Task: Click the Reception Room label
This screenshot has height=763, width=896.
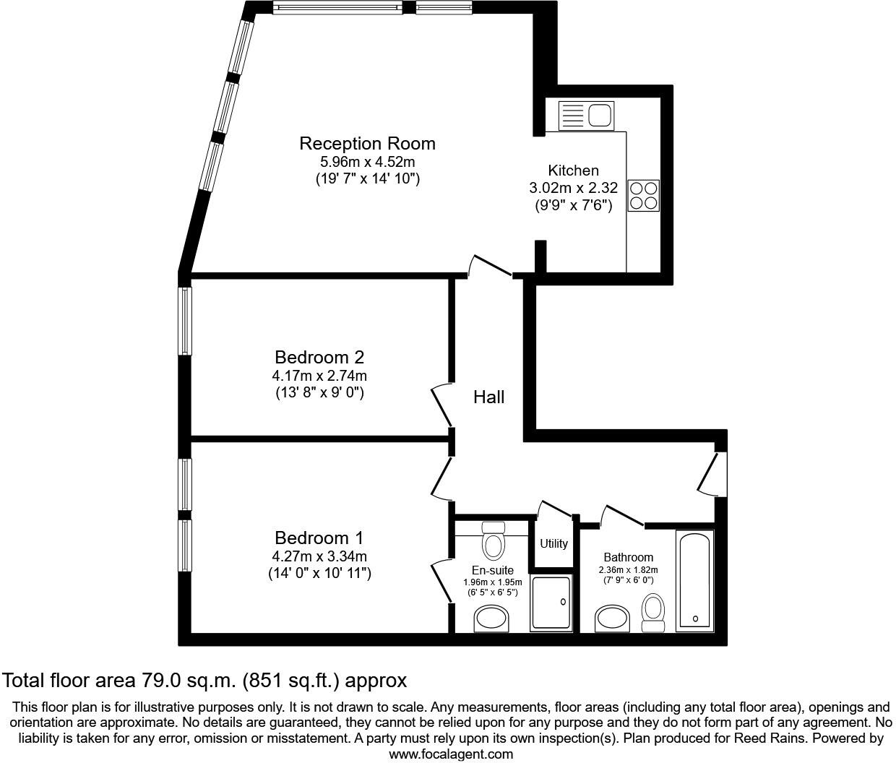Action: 367,143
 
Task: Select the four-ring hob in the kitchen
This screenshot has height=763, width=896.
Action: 643,195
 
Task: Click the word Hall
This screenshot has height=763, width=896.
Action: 488,397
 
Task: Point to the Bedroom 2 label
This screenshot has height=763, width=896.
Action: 319,357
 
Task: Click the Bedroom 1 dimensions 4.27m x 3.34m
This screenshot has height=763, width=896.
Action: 319,556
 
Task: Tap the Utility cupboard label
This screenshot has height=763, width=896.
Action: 553,543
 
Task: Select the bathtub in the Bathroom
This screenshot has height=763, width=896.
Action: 694,581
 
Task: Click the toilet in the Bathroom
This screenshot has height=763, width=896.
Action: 653,611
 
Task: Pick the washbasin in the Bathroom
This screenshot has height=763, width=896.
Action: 613,619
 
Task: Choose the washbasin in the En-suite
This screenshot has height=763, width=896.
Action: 491,619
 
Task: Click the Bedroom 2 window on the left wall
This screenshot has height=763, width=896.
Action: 186,321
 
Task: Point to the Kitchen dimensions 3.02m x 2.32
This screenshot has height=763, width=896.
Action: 573,188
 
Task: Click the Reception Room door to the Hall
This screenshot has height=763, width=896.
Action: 491,266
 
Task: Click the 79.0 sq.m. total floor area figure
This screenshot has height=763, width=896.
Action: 187,680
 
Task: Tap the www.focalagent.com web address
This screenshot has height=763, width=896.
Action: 451,754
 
